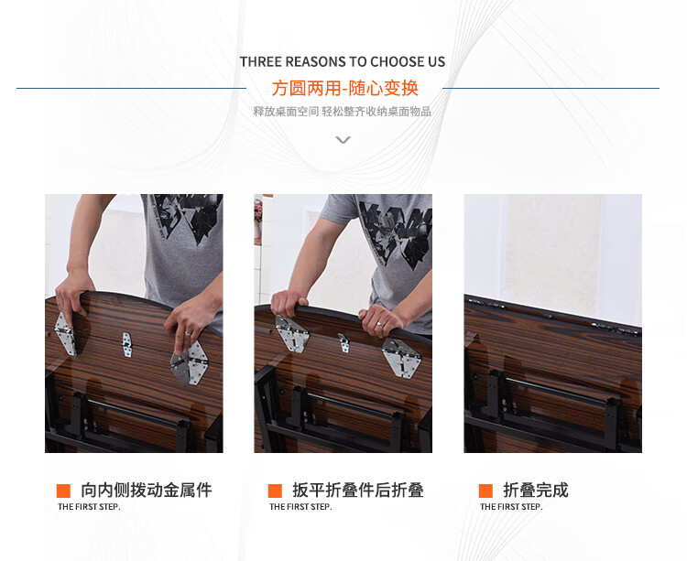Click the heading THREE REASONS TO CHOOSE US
343,61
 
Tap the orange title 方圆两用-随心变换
344,89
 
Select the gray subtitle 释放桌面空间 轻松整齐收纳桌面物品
343,112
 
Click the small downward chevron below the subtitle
343,140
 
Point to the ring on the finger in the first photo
188,333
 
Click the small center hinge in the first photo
126,345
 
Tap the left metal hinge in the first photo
65,333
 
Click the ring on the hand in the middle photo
380,324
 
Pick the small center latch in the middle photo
343,342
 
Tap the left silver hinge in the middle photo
292,333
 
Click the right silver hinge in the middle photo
401,358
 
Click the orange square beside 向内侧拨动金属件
63,491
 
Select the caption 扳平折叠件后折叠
357,491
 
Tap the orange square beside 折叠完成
485,491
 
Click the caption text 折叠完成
536,491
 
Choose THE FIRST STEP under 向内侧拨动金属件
89,507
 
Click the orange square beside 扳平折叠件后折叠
275,491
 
